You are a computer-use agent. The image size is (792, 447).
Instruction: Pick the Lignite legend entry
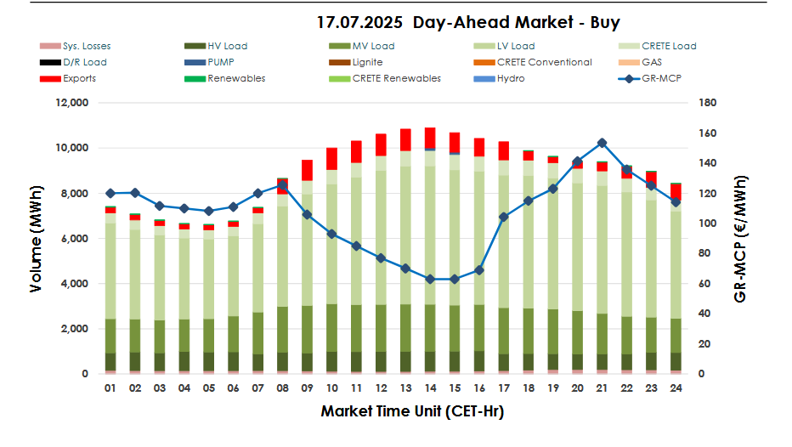367,62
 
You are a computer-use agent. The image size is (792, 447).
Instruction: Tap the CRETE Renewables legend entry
396,78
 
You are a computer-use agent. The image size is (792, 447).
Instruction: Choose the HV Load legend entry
227,46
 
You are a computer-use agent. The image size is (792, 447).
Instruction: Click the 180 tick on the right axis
709,103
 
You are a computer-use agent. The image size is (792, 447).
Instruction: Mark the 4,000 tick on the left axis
72,284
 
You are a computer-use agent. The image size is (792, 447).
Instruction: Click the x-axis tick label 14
430,388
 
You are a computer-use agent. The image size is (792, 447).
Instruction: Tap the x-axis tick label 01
110,388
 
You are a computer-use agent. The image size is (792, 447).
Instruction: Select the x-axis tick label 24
676,388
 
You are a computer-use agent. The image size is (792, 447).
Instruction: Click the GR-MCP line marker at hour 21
602,143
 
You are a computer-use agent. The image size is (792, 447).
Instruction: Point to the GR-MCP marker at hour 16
479,270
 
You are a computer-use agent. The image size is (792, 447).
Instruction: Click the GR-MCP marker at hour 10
331,234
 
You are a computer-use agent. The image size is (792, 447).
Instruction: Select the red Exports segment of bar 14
430,138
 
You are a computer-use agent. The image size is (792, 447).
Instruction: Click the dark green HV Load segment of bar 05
209,361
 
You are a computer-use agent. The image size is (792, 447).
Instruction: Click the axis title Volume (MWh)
36,238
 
